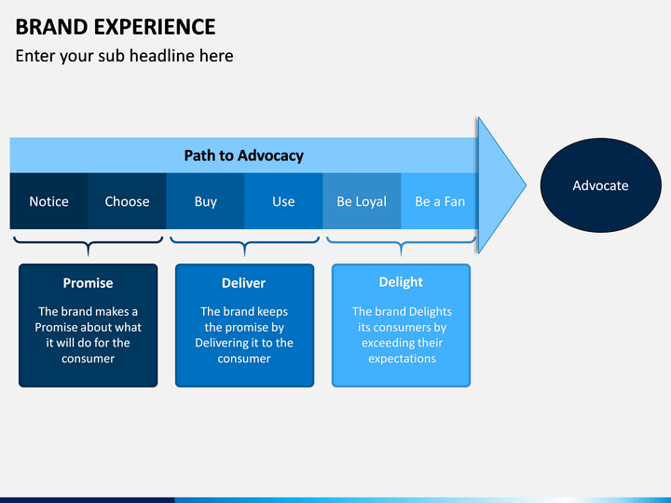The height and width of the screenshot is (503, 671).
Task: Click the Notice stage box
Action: tap(48, 201)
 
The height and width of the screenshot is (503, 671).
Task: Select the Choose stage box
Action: tap(127, 201)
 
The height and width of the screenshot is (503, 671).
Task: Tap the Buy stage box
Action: tap(205, 201)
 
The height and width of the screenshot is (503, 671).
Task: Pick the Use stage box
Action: tap(283, 201)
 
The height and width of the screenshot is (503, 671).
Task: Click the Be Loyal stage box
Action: tap(362, 201)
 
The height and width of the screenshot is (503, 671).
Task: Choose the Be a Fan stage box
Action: tap(440, 201)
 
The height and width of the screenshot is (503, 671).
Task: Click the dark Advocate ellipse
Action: tap(600, 185)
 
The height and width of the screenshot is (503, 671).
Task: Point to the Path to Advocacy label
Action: tap(243, 156)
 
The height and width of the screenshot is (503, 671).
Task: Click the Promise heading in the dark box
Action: tap(88, 283)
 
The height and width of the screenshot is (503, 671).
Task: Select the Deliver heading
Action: tap(243, 283)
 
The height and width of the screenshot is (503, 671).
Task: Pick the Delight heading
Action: tap(401, 282)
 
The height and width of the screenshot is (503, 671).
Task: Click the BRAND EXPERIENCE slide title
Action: tap(116, 27)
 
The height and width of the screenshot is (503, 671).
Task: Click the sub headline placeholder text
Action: tap(124, 56)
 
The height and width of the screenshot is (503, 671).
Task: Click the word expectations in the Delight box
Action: tap(402, 359)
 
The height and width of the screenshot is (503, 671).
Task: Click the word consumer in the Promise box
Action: tap(89, 359)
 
